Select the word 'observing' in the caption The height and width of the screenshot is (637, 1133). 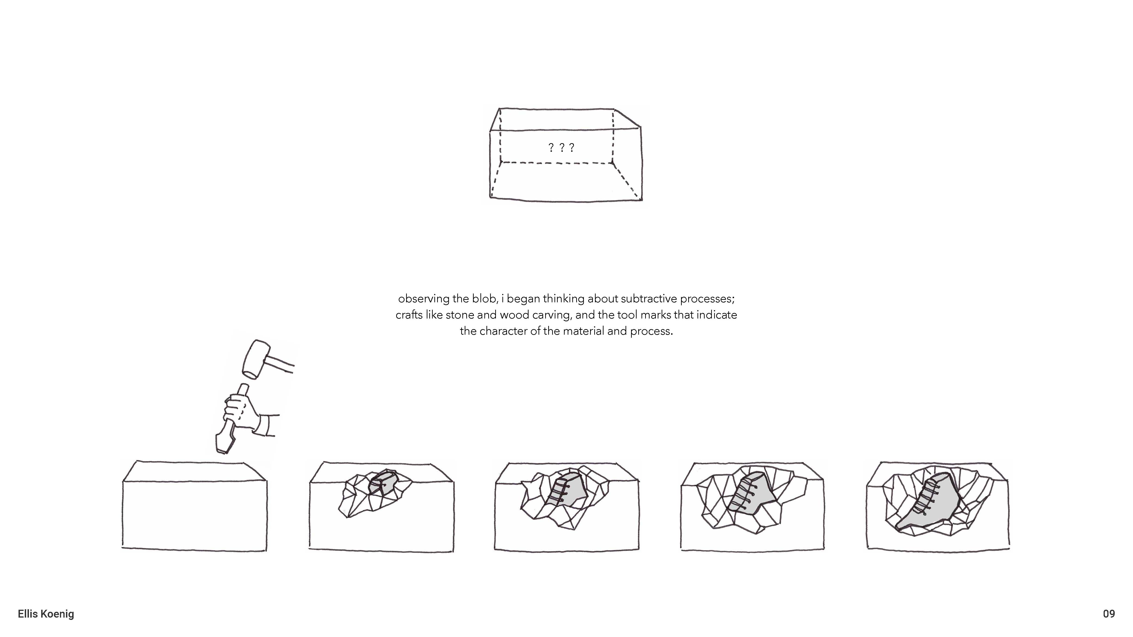pos(423,299)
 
